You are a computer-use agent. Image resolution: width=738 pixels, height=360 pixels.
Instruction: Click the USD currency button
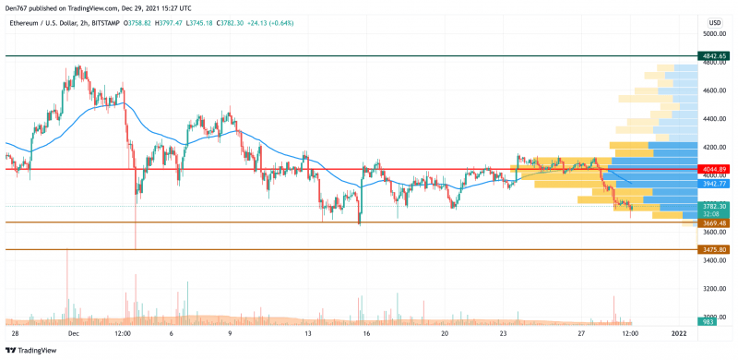point(714,20)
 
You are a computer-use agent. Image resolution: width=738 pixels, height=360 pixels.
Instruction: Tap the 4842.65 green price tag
point(715,56)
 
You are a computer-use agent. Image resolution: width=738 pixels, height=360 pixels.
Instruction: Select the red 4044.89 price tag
point(715,170)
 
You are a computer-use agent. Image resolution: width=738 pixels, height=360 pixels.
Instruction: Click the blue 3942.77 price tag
point(715,184)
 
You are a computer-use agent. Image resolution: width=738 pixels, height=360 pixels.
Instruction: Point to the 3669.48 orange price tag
point(715,222)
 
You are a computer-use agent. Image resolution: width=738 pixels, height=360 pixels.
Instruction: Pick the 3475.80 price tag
point(715,250)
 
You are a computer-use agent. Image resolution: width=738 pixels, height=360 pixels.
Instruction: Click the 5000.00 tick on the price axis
point(715,34)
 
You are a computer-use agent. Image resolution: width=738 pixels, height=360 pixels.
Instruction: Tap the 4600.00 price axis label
point(715,90)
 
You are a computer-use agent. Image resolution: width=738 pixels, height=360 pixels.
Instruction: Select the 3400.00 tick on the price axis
point(715,261)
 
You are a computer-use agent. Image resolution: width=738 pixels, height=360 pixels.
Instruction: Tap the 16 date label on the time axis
point(366,332)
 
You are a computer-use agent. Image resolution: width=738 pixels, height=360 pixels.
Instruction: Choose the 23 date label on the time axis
point(503,332)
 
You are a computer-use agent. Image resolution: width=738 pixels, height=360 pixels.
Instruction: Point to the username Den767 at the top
point(19,6)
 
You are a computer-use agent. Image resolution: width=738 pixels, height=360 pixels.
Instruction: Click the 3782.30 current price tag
point(715,207)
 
